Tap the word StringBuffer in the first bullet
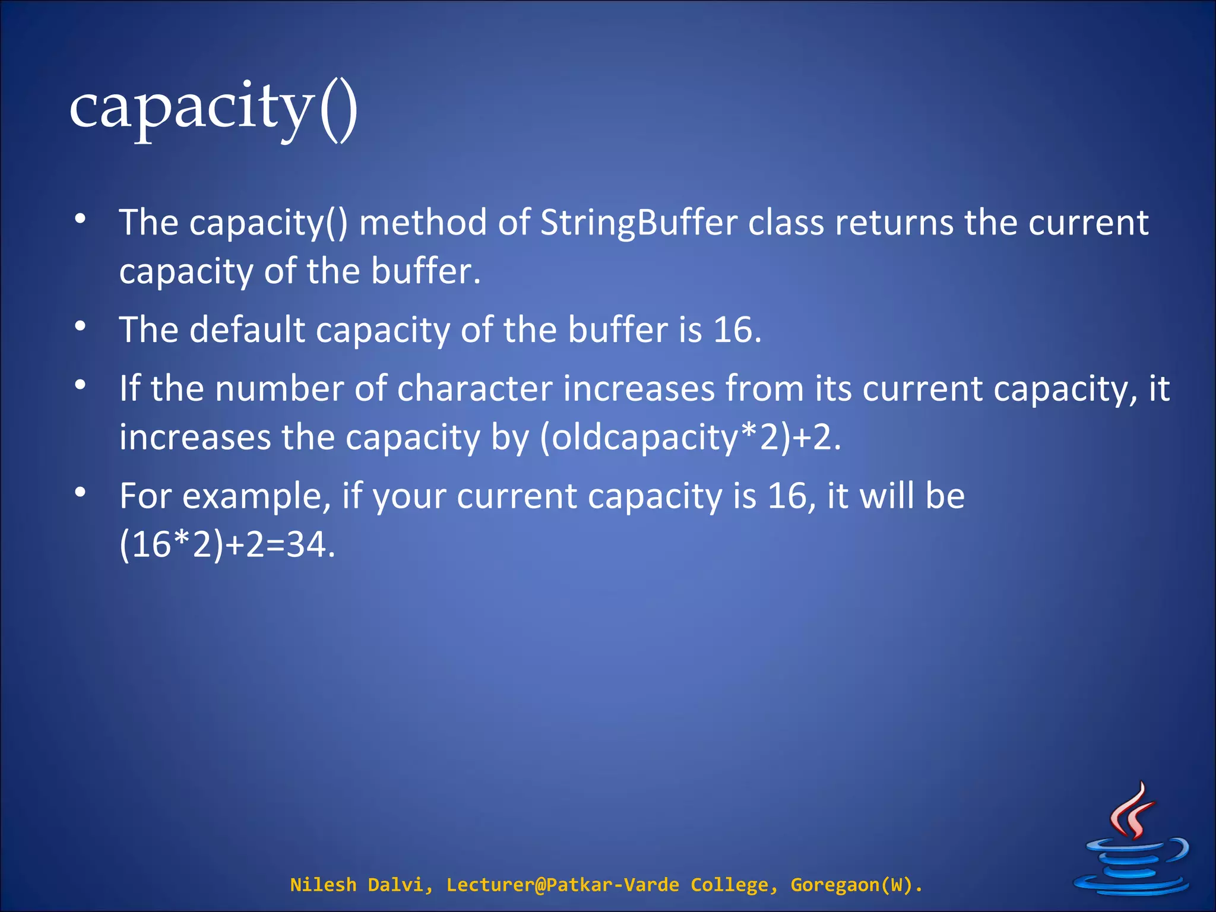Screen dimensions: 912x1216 639,223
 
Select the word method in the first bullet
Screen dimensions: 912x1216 423,223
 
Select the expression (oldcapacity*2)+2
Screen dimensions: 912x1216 690,438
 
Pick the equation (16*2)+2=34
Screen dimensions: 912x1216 227,545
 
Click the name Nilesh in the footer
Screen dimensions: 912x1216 322,885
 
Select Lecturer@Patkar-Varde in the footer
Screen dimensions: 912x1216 562,885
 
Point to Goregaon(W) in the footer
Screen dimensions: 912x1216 855,885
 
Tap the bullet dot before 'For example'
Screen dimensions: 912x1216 81,492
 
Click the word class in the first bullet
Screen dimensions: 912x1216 786,223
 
